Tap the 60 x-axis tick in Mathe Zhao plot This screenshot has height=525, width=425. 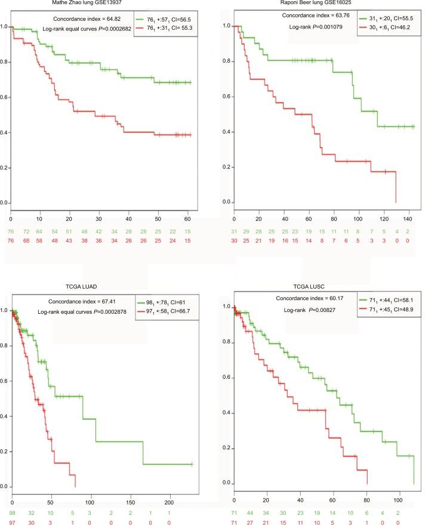click(x=189, y=213)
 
